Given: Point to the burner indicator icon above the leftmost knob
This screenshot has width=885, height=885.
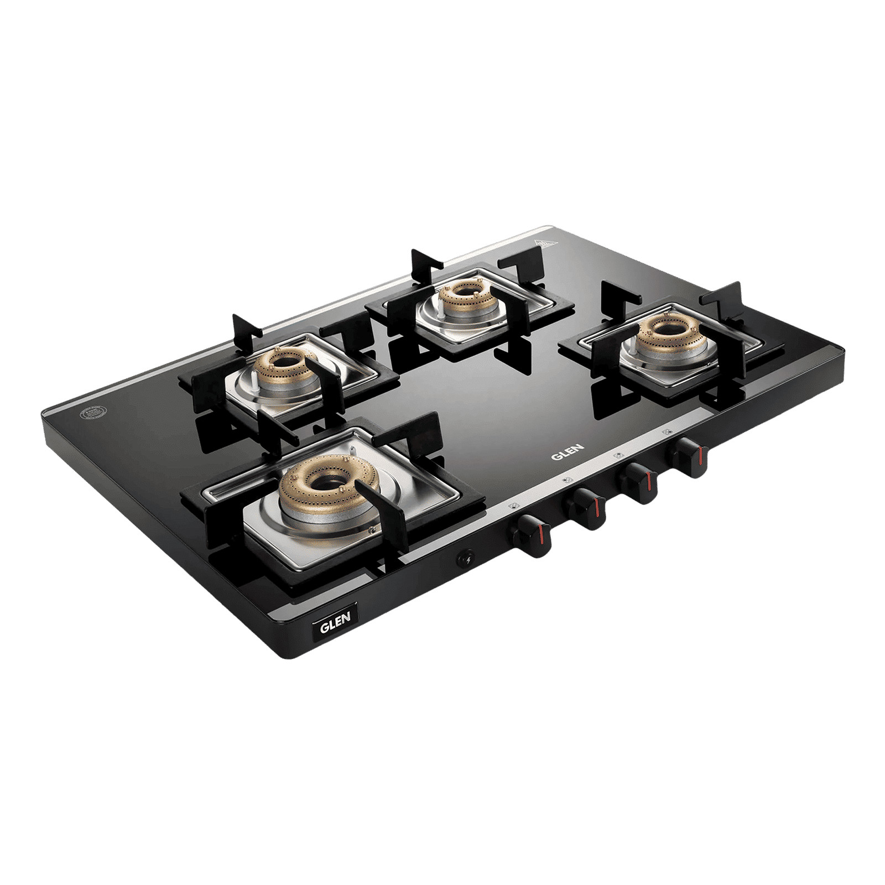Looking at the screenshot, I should (x=514, y=505).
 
